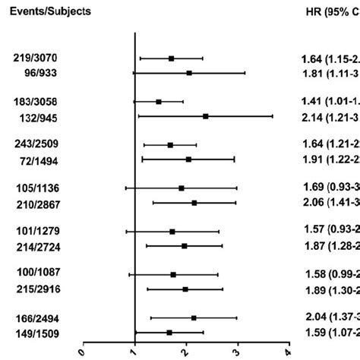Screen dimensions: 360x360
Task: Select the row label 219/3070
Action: [x=33, y=58]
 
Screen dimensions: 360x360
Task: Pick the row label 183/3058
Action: [x=33, y=102]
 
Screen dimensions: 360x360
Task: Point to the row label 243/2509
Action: [x=33, y=144]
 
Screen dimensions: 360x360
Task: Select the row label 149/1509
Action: [x=33, y=332]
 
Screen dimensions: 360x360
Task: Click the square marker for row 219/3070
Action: [x=171, y=58]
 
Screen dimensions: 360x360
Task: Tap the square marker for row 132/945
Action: [x=206, y=116]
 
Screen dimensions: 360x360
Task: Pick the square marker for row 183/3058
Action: [x=158, y=101]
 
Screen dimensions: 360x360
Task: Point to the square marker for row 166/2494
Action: [x=194, y=317]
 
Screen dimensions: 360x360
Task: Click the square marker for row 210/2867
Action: [x=194, y=203]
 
